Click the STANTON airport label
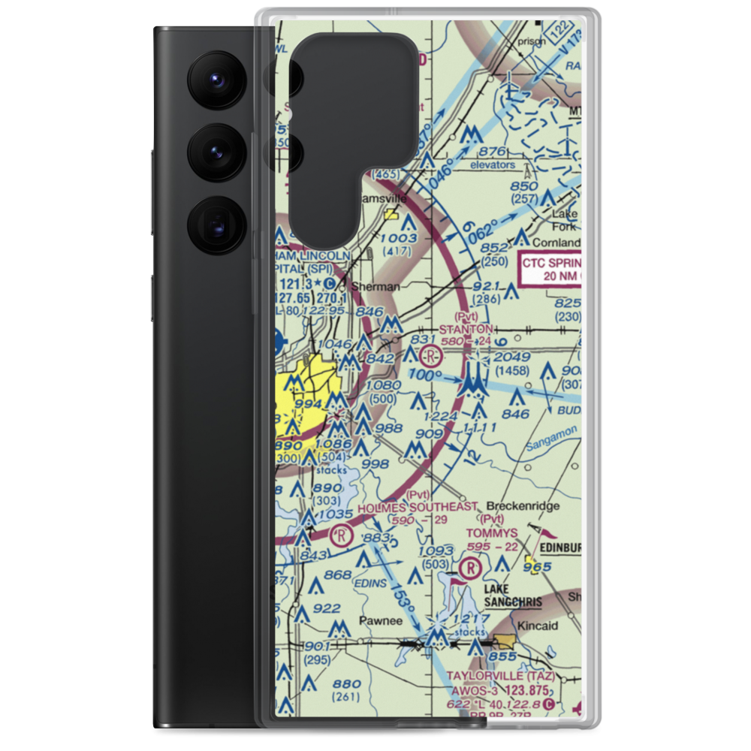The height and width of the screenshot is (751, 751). click(x=466, y=329)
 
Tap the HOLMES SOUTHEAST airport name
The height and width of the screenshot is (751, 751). click(x=417, y=507)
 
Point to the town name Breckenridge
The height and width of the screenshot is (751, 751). click(x=523, y=506)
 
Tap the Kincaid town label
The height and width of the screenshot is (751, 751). click(x=535, y=625)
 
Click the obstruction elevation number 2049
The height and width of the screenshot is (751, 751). click(x=512, y=356)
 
